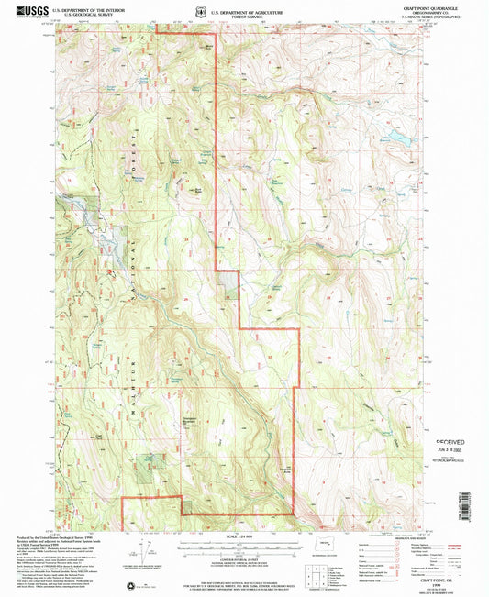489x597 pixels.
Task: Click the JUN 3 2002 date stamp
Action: [x=447, y=450]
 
